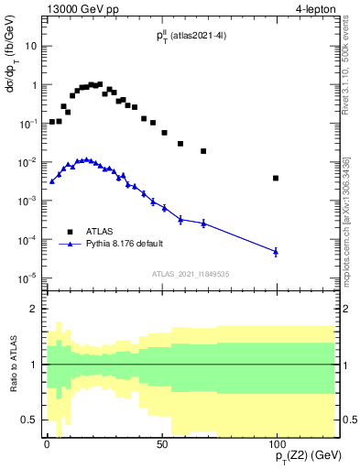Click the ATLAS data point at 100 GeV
[276, 178]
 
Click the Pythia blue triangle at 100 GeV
[276, 251]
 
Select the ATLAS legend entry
[94, 232]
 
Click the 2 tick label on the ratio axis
[34, 309]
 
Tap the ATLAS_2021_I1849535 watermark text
[190, 273]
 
